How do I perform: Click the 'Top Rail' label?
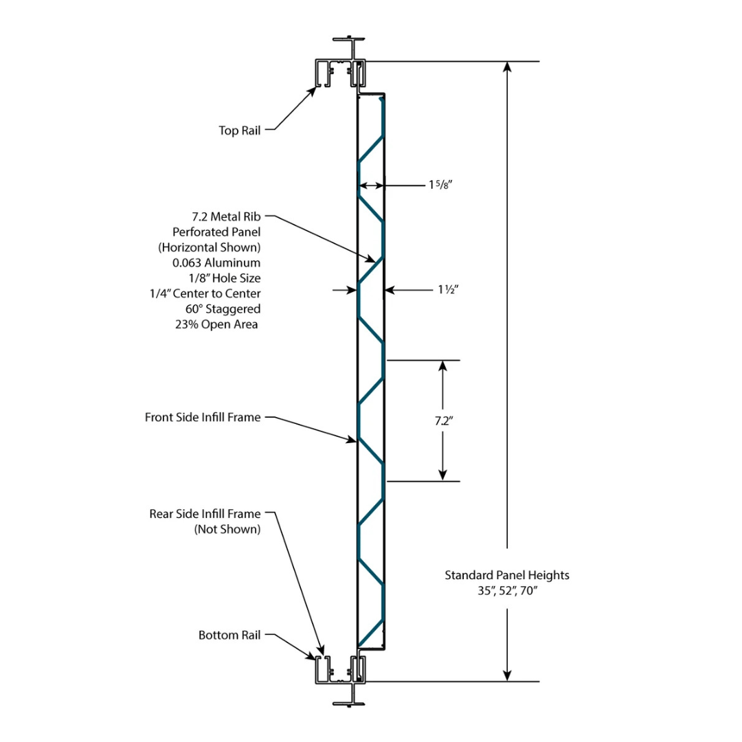pos(240,131)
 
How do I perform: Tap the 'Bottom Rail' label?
pos(229,636)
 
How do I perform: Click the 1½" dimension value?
pos(448,290)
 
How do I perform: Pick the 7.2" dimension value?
pos(442,421)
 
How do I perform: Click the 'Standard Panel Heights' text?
pos(507,575)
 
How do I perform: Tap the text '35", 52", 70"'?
pos(507,591)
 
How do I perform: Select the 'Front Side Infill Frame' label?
pos(203,417)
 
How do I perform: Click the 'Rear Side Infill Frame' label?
pos(205,513)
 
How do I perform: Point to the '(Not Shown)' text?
pos(227,529)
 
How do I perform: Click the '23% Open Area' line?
pos(216,324)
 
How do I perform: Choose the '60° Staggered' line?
pos(223,309)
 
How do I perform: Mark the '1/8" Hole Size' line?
pos(225,278)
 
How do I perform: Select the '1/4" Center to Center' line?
pos(205,293)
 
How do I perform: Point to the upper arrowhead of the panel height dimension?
pos(507,67)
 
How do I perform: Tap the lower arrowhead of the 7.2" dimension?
pos(442,475)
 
